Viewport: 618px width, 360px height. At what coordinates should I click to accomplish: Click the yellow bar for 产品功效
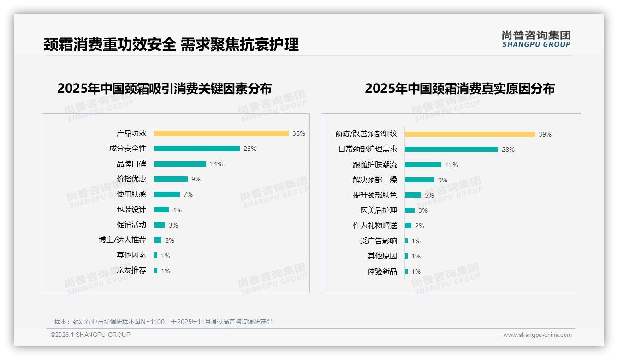point(221,133)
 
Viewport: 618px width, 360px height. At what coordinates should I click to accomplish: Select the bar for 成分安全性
point(196,149)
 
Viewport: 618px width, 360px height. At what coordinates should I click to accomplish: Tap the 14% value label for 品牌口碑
point(216,164)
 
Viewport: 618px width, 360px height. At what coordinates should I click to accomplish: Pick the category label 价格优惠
point(131,179)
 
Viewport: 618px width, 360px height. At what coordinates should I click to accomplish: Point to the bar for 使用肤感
point(166,194)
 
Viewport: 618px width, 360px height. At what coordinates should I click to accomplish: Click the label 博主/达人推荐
point(122,240)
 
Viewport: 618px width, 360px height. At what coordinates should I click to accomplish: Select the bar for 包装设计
point(161,210)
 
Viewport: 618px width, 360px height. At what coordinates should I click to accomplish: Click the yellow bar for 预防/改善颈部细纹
point(469,134)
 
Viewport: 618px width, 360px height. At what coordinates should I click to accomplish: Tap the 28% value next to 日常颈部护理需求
point(508,150)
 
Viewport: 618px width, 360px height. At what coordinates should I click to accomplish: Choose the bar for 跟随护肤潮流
point(423,165)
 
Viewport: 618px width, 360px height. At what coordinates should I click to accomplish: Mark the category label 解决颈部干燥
point(374,180)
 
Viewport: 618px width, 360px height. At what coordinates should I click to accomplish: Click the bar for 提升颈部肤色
point(413,195)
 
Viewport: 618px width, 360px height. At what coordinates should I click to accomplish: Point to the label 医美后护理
point(378,210)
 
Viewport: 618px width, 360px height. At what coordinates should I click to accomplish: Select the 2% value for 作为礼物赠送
point(419,226)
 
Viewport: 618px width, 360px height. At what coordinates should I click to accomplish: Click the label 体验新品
point(382,271)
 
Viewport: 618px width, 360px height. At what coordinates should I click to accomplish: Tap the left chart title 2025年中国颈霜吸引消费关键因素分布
point(164,88)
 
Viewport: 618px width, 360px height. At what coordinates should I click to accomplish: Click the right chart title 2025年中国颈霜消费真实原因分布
point(459,88)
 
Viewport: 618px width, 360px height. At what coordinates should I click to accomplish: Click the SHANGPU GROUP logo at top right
point(536,39)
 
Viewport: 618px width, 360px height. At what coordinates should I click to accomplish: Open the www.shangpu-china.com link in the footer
point(537,335)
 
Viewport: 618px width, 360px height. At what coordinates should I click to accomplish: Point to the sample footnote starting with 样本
point(163,322)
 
